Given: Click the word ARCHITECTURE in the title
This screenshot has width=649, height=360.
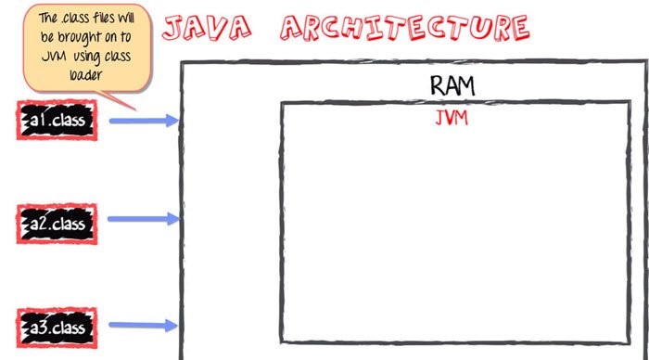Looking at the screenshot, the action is tap(405, 28).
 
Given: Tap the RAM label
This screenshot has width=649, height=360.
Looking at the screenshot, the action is tap(452, 85).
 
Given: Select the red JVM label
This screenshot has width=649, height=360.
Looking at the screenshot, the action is tap(451, 119).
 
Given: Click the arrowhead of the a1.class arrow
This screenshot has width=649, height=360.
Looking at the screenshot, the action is tap(172, 121).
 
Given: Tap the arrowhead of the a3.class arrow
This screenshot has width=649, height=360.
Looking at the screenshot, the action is tap(172, 325).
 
